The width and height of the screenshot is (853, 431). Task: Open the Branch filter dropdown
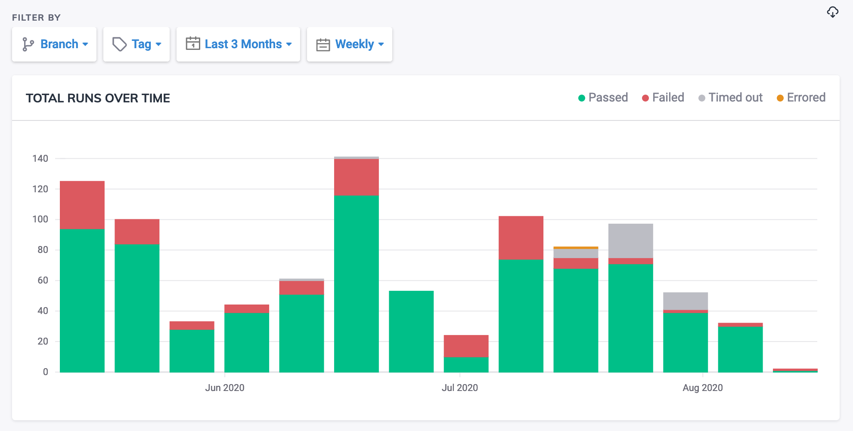pos(54,44)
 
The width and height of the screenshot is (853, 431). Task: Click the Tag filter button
pos(136,44)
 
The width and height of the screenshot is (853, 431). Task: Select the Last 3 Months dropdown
pos(238,44)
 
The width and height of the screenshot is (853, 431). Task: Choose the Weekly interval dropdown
pos(349,44)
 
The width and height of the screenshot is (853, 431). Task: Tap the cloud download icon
pos(832,12)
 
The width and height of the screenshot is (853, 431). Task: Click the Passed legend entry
pos(603,98)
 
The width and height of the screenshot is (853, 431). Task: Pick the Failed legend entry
pos(663,98)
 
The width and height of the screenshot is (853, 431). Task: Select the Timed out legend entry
pos(731,98)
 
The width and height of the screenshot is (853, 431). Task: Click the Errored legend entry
pos(801,98)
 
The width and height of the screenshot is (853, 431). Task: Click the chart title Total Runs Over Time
pos(98,99)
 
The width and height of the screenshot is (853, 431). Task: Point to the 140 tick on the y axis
pos(40,159)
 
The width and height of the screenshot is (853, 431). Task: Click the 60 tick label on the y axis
pos(43,280)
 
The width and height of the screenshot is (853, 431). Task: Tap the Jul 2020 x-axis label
pos(459,388)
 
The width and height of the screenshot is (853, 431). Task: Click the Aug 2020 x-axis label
pos(702,388)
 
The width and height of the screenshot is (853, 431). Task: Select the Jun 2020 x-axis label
pos(224,388)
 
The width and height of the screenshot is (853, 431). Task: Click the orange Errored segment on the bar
pos(576,248)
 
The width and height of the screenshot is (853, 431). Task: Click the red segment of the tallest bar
pos(356,177)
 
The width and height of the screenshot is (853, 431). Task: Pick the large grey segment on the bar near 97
pos(630,241)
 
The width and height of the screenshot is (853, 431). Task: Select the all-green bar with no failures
pos(411,331)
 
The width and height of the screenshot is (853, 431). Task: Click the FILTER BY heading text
pos(36,18)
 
